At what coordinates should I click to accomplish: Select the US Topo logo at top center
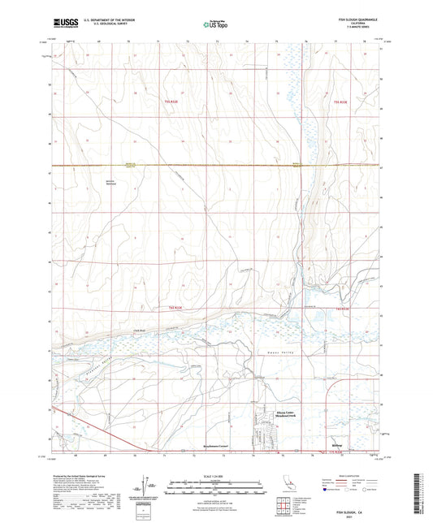216,24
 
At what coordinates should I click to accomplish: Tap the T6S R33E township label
341,309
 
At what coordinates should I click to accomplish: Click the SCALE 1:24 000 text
216,475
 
